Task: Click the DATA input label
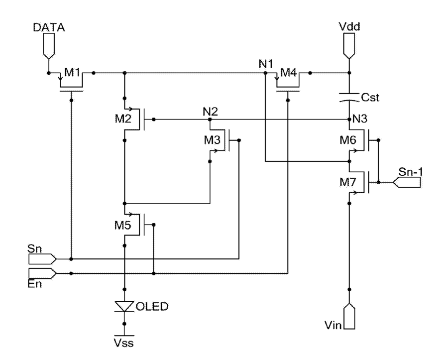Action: [x=49, y=27]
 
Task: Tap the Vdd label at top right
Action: [x=349, y=26]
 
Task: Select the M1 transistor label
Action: [x=72, y=72]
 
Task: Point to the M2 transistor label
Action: [x=123, y=119]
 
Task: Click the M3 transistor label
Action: [x=212, y=139]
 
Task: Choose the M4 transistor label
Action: [x=289, y=73]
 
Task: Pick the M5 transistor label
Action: [x=123, y=225]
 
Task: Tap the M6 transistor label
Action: [x=348, y=139]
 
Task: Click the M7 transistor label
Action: [x=348, y=182]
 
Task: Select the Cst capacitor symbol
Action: [x=349, y=97]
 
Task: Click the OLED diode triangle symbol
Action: [x=124, y=306]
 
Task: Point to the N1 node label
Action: [x=266, y=64]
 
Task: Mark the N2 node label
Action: [x=211, y=112]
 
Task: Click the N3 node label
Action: [x=360, y=119]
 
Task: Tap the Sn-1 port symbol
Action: [x=407, y=183]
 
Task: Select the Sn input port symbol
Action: [x=42, y=259]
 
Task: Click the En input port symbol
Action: [x=42, y=274]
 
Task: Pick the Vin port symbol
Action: [x=349, y=316]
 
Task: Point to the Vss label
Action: [x=123, y=343]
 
